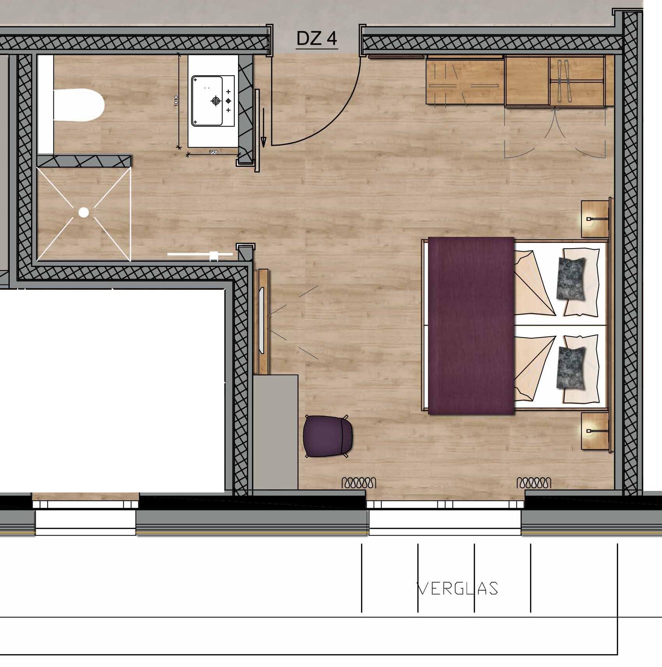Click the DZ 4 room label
tap(317, 39)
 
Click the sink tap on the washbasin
tap(215, 101)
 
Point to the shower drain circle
tap(84, 212)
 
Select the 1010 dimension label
tap(176, 101)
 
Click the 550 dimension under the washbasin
tap(213, 152)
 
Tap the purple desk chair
tap(328, 436)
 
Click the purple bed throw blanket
tap(471, 325)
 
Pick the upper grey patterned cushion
tap(571, 278)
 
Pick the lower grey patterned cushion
tap(571, 368)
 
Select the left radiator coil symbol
tap(359, 483)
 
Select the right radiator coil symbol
tap(534, 483)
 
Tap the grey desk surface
tap(275, 432)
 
